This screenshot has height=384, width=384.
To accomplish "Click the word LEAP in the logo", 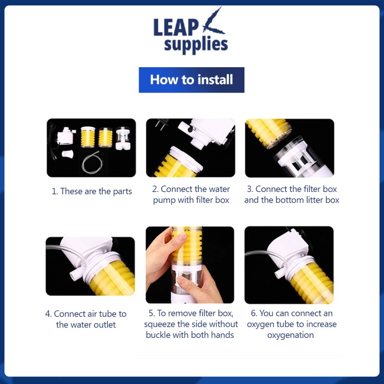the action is pos(176,27).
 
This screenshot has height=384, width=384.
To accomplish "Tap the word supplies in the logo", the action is pos(196,45).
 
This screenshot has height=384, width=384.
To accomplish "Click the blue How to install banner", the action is pos(192,80).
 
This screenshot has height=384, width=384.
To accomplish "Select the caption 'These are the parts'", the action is pos(96,191).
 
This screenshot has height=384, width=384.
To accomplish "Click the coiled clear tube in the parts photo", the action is pos(91,162).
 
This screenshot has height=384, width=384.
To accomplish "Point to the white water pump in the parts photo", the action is pos(66,135).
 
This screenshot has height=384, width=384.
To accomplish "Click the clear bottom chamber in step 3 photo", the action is pos(303,157).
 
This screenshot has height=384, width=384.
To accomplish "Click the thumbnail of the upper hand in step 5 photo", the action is pos(182,236).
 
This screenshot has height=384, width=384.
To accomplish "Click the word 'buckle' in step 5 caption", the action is pos(158,335).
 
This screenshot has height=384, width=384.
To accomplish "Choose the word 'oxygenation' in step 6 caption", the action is pos(290,335).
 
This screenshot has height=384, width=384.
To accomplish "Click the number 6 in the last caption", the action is pos(253,313).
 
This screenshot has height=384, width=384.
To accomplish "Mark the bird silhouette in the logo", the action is pos(213,22).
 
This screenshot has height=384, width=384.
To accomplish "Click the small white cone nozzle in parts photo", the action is pos(68,154).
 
